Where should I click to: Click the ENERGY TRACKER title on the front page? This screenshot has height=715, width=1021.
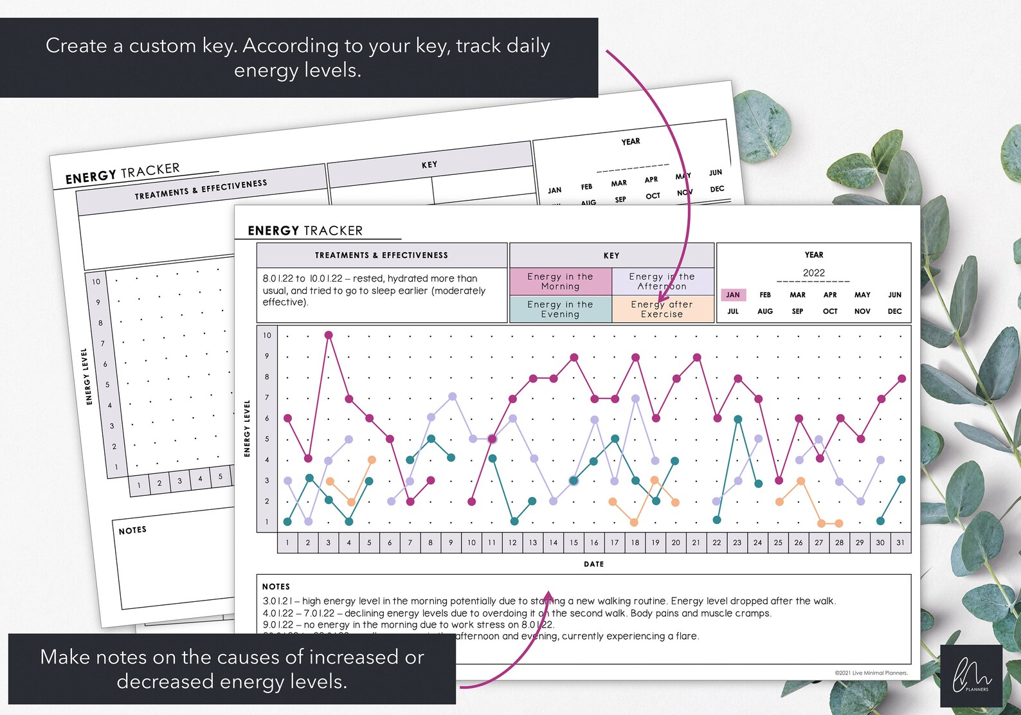305,231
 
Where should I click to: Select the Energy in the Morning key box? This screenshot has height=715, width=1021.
560,282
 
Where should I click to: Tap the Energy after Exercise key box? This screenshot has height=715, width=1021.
662,309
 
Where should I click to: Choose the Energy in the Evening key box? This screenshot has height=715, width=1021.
560,309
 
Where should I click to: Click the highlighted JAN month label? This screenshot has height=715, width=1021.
733,295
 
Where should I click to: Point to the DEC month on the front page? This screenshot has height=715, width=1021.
894,311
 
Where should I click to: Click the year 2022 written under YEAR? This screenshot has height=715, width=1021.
813,273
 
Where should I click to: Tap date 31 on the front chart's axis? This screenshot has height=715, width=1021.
900,543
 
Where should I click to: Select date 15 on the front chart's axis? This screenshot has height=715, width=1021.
574,543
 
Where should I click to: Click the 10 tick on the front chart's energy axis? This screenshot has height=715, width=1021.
267,335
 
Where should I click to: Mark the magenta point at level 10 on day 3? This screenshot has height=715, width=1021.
329,335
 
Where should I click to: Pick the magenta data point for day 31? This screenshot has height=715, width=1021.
901,379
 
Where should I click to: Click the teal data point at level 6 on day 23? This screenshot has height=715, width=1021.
738,419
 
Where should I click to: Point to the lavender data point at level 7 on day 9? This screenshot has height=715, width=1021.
452,397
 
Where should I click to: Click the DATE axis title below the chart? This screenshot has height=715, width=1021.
593,564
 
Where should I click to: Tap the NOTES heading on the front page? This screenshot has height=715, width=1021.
276,586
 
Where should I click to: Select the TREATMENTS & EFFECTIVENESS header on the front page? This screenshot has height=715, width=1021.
381,255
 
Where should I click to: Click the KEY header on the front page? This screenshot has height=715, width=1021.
611,255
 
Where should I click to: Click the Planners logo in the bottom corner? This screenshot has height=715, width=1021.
971,676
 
